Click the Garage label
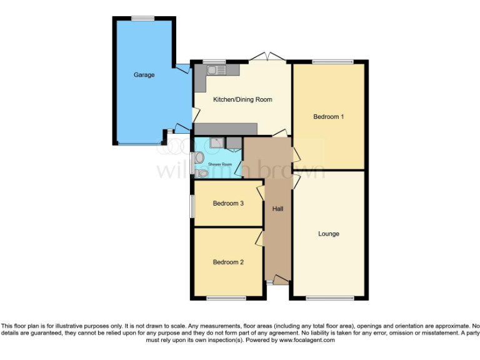coord(144,75)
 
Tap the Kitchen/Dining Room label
coord(242,99)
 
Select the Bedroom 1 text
coord(329,117)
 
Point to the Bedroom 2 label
coord(228,262)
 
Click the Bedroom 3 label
coord(228,204)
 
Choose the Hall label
coord(277,209)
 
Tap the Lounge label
coord(329,234)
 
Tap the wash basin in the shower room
coord(198,157)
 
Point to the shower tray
coord(216,143)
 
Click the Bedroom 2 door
coord(259,237)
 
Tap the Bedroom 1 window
coord(332,61)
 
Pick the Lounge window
coord(330,298)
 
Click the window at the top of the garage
coord(143,17)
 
